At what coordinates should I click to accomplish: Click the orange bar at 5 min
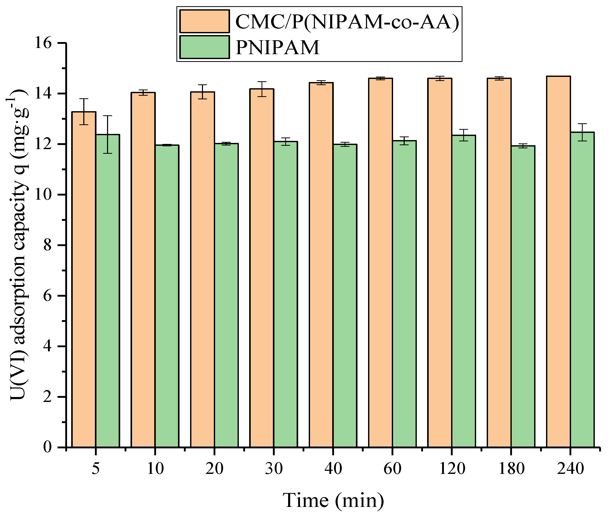click(x=84, y=279)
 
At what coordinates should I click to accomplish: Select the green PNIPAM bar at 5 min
click(x=108, y=291)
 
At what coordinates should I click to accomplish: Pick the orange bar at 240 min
click(x=558, y=261)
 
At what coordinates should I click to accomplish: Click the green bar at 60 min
click(x=404, y=294)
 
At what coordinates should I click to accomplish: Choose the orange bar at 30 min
click(x=262, y=267)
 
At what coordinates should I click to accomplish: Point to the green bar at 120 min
click(x=463, y=291)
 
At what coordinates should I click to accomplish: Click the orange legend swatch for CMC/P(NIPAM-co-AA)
click(x=205, y=21)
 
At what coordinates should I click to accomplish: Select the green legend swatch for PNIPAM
click(x=205, y=47)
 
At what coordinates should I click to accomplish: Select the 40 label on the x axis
click(x=333, y=469)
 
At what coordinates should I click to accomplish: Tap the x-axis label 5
click(x=96, y=469)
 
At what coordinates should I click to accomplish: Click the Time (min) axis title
click(x=333, y=500)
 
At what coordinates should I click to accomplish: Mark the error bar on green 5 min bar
click(x=108, y=134)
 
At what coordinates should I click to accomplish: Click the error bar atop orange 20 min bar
click(x=202, y=92)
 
